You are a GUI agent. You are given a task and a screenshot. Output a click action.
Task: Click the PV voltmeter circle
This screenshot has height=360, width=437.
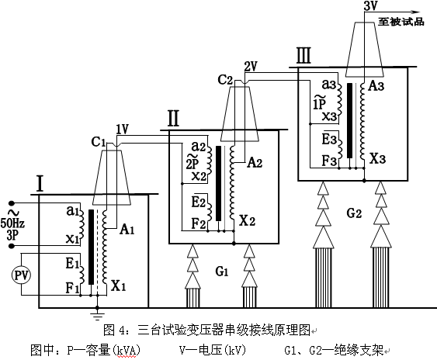click(x=22, y=275)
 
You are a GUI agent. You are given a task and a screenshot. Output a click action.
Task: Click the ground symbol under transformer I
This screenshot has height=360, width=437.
click(x=96, y=315)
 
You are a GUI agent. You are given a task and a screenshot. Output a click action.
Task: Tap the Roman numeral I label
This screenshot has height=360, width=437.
click(x=38, y=184)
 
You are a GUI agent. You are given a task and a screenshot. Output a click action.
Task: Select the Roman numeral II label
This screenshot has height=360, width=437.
click(x=174, y=119)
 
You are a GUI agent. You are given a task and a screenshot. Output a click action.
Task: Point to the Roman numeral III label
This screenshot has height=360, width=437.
click(x=304, y=55)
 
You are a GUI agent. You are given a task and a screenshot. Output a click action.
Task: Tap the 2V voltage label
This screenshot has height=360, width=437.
click(x=250, y=65)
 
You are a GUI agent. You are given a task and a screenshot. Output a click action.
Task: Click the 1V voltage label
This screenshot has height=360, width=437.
click(x=122, y=129)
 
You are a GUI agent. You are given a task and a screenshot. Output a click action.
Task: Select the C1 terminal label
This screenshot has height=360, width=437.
click(x=98, y=142)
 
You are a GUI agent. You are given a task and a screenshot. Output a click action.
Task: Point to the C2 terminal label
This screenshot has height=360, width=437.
click(x=226, y=79)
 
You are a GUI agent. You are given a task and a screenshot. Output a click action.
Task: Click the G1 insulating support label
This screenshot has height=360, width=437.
click(x=222, y=272)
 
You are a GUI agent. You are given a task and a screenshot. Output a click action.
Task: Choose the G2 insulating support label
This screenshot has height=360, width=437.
click(x=354, y=211)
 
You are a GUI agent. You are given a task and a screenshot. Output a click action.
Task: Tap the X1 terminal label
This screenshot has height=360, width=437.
click(x=119, y=286)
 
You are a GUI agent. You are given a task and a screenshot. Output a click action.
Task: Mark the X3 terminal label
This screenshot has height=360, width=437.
click(x=376, y=158)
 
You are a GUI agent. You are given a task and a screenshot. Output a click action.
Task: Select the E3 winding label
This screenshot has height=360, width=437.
click(x=328, y=140)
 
